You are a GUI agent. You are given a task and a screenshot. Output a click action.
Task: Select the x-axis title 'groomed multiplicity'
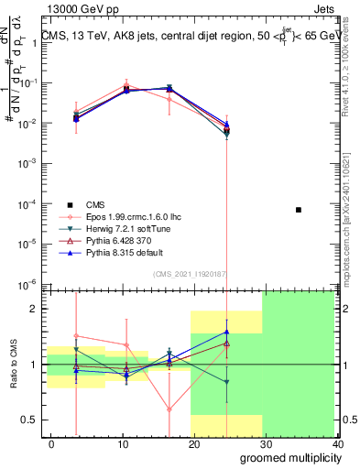[x=291, y=457]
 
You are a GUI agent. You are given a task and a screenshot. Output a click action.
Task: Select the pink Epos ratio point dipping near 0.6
[x=169, y=409]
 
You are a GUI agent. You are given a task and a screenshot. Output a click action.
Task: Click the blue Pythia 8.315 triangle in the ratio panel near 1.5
[x=226, y=332]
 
